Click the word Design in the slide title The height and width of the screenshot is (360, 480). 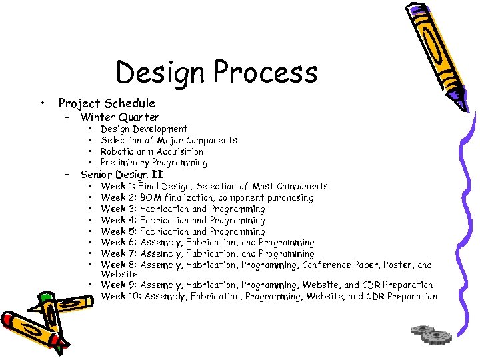click(x=156, y=72)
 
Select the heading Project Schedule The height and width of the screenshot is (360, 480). click(x=107, y=103)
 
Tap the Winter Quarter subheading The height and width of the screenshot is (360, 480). click(x=120, y=117)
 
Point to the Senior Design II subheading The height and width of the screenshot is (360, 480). click(x=121, y=175)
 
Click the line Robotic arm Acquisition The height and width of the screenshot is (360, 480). click(x=152, y=151)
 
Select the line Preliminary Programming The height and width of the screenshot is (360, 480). click(x=154, y=163)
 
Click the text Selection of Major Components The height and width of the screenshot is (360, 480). click(x=169, y=140)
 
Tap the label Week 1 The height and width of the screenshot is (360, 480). click(x=117, y=187)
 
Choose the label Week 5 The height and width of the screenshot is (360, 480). click(x=117, y=231)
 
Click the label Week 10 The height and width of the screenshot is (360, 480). click(x=120, y=297)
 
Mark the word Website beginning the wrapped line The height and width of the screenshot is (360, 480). click(x=119, y=274)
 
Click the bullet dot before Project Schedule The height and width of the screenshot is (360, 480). click(x=43, y=103)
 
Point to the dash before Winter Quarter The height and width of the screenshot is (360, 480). click(x=67, y=118)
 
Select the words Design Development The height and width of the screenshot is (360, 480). click(x=144, y=129)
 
